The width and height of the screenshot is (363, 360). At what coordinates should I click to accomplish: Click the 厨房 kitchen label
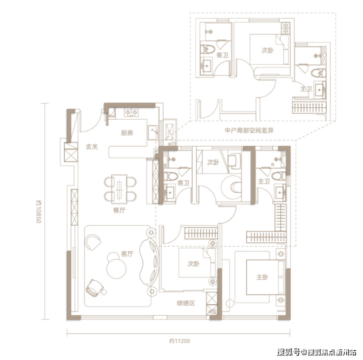pos(127,133)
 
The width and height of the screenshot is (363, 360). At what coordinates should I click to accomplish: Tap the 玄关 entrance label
pos(92,147)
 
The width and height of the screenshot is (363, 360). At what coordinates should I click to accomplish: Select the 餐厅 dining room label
pos(119,210)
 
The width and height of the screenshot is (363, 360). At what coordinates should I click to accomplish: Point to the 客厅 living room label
pos(127,254)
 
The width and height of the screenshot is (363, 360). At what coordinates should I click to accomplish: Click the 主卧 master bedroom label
pos(262,277)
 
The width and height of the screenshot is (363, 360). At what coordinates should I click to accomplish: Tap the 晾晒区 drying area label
pos(186,303)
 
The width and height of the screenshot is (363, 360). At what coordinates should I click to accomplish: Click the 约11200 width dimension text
pos(180,341)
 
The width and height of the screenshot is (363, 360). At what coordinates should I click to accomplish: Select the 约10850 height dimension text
pos(38,211)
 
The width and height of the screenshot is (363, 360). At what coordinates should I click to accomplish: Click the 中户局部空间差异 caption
pos(249,130)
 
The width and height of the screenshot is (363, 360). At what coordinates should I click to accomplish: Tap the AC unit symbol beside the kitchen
pos(169,132)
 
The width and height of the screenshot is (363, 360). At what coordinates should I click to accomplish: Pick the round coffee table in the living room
pos(116,269)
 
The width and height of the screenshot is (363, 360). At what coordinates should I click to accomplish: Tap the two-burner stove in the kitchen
pos(131,112)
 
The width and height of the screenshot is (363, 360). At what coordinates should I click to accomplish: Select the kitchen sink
pos(153,132)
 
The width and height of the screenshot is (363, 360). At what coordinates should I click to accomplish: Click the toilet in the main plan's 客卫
pos(170,177)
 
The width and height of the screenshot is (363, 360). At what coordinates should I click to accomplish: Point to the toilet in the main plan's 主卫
pos(279,176)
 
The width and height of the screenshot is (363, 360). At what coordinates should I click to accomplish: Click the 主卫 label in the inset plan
pos(306,89)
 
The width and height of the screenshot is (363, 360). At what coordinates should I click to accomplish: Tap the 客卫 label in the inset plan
pos(222,55)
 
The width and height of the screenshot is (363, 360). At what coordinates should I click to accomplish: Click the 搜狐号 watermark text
pos(289,353)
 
